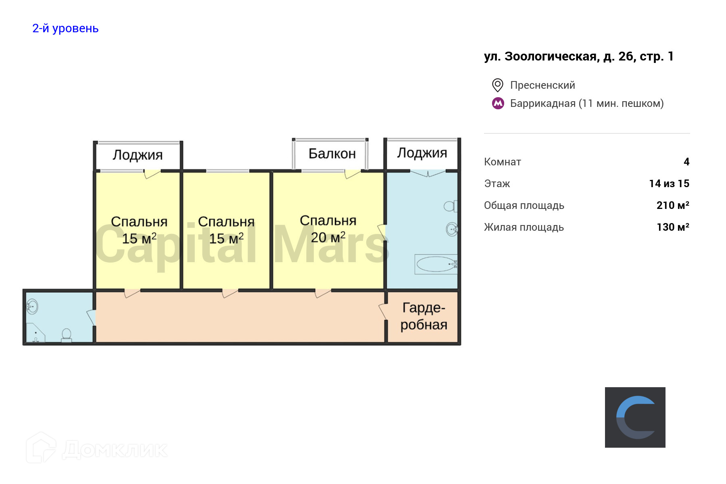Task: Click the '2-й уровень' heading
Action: point(65,28)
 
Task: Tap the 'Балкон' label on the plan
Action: point(332,154)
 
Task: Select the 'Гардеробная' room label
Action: point(423,316)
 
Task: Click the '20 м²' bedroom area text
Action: point(328,238)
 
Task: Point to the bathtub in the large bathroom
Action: point(436,265)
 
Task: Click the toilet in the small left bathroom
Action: point(66,335)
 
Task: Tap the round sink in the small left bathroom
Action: point(32,307)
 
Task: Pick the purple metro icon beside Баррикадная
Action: point(498,104)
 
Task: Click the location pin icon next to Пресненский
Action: point(497,85)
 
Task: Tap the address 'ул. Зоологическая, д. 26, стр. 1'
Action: point(579,56)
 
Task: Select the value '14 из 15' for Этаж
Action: point(669,184)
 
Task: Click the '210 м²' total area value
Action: point(672,205)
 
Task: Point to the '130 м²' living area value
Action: point(672,227)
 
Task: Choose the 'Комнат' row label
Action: point(502,162)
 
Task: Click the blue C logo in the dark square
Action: point(635,417)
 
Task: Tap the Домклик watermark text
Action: point(115,450)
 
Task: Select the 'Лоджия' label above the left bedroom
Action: point(138,155)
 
